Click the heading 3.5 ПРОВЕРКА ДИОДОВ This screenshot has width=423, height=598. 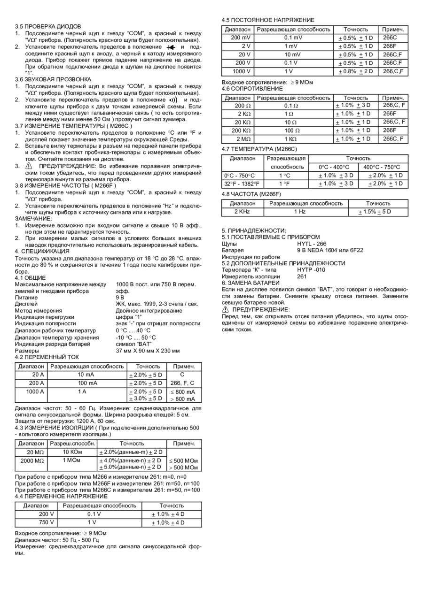[x=48, y=26]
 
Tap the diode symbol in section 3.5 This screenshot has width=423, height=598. [x=171, y=47]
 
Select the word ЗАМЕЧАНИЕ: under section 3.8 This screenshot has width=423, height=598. [x=34, y=219]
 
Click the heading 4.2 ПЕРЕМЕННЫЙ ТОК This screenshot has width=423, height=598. [x=47, y=357]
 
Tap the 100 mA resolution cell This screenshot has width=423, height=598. [x=88, y=383]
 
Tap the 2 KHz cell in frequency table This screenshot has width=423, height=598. [x=243, y=212]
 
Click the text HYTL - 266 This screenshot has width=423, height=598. [x=312, y=244]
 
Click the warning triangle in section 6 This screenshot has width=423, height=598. [x=226, y=309]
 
